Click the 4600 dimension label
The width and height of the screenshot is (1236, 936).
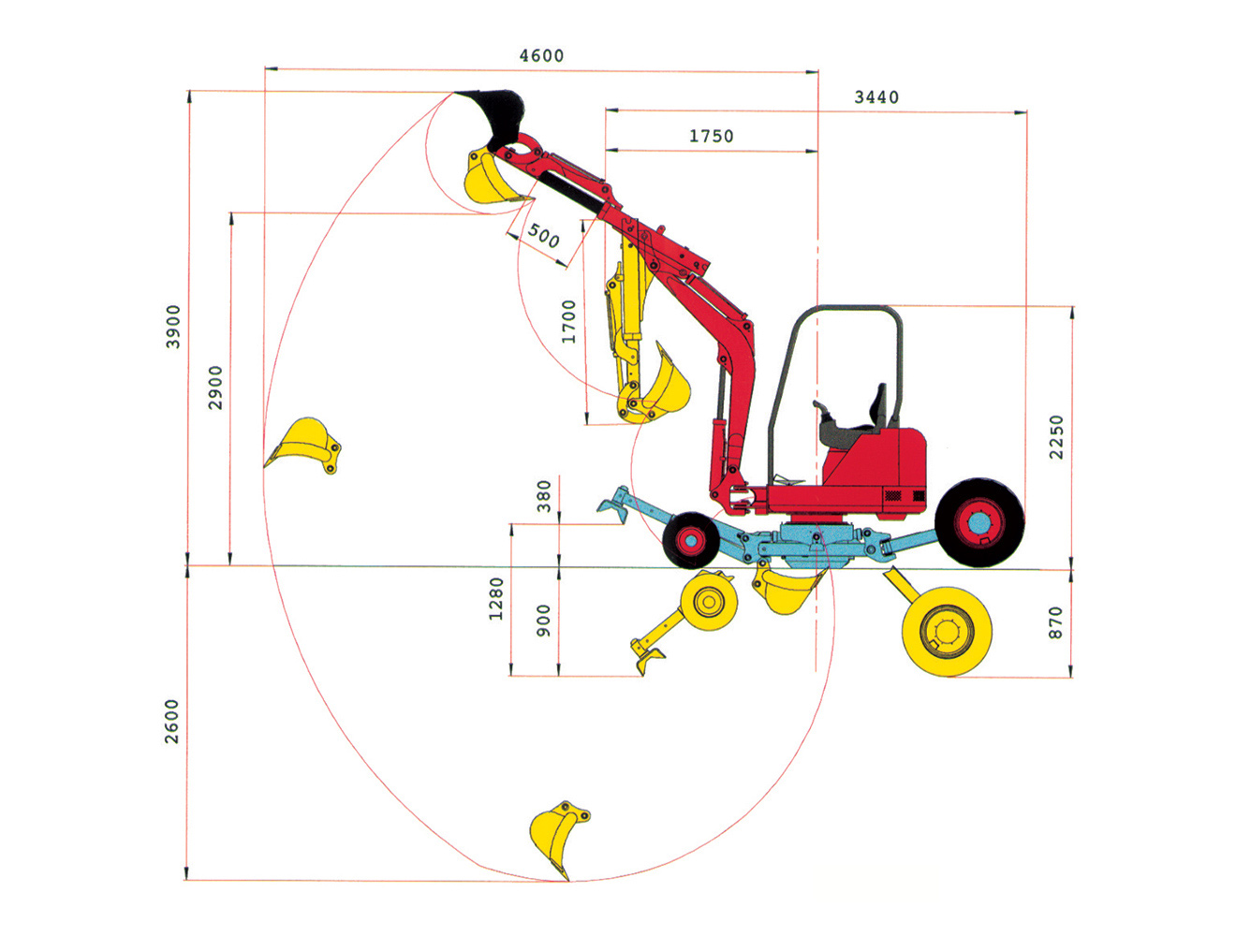point(541,56)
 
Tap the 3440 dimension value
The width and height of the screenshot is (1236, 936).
point(876,97)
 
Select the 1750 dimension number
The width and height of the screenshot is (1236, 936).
point(712,137)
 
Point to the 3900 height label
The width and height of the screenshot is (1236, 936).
point(173,327)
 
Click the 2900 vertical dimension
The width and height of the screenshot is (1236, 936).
point(215,388)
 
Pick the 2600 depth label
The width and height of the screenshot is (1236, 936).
point(172,722)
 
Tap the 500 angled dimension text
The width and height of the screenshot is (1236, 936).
point(544,236)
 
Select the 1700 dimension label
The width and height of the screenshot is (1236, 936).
point(568,321)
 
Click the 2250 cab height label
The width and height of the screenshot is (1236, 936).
point(1056,437)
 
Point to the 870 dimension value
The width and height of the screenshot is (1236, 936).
point(1055,622)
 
